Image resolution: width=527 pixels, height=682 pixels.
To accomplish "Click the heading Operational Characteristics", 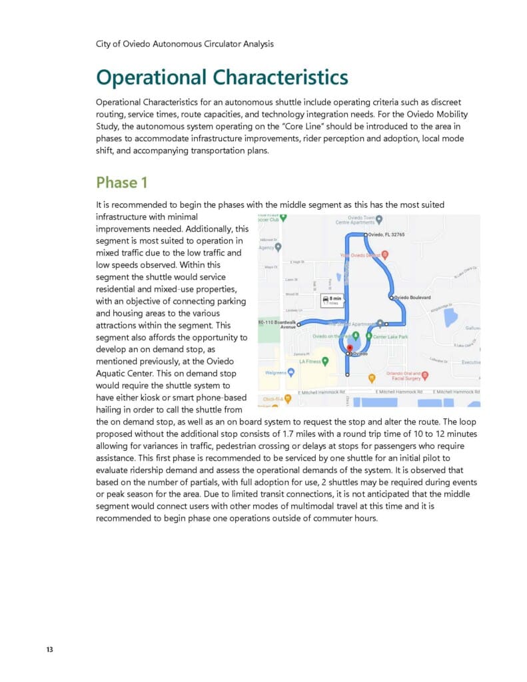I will coord(222,77).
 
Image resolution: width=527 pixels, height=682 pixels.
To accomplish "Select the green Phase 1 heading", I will coord(121,182).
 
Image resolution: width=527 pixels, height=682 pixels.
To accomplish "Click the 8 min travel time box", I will coord(331,300).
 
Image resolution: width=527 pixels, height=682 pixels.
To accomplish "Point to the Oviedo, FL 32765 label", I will coord(386,235).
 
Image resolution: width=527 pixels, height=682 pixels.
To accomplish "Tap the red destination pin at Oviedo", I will coord(348,348).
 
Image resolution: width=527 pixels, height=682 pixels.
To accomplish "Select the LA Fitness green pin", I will coord(325,362).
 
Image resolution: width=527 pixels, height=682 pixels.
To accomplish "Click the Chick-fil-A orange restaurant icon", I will coord(288,399).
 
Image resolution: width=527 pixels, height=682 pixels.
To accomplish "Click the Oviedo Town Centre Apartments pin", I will coord(379,219).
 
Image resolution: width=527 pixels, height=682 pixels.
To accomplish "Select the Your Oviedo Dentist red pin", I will coord(384,255).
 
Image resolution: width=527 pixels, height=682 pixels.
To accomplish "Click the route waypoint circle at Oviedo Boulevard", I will coord(391,297).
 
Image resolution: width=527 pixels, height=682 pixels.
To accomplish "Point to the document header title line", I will coord(185,44).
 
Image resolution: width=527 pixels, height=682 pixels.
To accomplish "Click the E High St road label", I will coord(296,262).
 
